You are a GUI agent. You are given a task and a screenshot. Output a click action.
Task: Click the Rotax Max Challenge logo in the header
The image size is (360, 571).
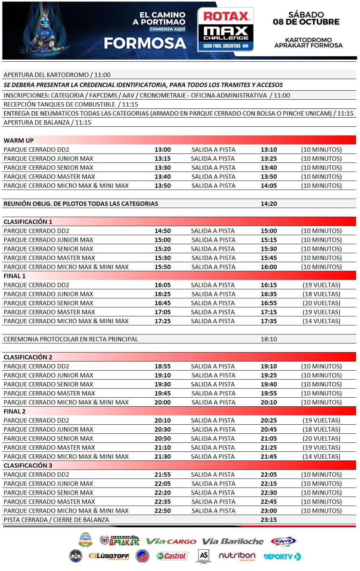tap(225, 30)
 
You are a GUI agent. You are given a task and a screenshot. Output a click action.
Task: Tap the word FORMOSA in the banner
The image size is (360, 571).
tap(145, 43)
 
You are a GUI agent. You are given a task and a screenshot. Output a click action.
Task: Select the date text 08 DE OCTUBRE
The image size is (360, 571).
tap(306, 22)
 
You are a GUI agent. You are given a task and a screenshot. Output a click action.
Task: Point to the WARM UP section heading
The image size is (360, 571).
tap(18, 140)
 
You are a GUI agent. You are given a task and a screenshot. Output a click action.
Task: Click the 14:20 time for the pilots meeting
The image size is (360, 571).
tap(269, 204)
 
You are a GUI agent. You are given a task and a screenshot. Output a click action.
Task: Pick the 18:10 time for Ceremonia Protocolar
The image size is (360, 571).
tap(269, 339)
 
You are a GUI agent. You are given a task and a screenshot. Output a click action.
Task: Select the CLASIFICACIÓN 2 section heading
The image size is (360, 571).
tap(28, 357)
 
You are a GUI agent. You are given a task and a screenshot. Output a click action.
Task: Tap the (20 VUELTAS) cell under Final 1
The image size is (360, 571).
tap(321, 303)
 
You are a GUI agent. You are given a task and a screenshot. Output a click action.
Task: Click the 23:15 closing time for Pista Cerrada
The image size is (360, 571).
tap(269, 520)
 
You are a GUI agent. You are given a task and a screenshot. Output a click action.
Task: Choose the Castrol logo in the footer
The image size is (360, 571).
tap(172, 556)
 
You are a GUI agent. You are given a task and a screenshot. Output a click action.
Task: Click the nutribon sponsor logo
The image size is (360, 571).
tap(237, 556)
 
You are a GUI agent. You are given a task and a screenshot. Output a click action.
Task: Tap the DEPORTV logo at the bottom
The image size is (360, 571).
tap(282, 557)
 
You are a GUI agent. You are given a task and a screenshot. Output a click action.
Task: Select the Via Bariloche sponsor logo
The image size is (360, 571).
tap(233, 541)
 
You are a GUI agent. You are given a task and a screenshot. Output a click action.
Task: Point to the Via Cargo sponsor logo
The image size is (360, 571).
tap(171, 541)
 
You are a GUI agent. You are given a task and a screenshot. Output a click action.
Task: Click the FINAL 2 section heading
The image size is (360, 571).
tap(14, 411)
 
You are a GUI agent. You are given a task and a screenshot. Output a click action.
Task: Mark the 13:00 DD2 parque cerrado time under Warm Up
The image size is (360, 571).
tap(162, 150)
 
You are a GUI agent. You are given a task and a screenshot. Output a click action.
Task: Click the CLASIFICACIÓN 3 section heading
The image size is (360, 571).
tap(28, 466)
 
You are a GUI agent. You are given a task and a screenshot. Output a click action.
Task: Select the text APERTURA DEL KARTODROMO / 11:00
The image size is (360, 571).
tap(57, 75)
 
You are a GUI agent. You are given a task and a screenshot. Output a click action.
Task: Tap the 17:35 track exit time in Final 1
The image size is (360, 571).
tap(269, 321)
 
